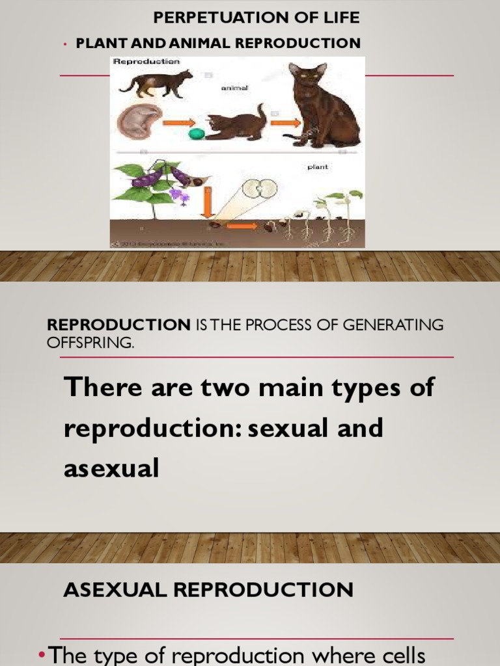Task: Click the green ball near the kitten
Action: tap(195, 134)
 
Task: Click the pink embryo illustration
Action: tap(139, 122)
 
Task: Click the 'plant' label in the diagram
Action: tap(317, 167)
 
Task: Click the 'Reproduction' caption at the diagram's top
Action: tap(146, 62)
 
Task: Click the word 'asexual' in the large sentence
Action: tap(111, 468)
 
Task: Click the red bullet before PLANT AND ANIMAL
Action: tap(66, 44)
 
